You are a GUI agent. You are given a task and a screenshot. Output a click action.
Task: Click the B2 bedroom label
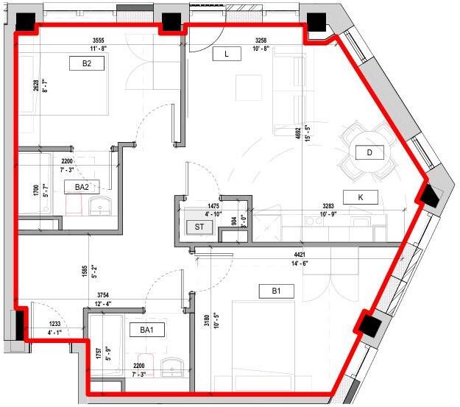[87, 63]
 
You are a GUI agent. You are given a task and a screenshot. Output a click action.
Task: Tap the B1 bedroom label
[276, 291]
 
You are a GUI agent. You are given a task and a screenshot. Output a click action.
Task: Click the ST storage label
[199, 227]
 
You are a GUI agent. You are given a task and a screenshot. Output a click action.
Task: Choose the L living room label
[227, 54]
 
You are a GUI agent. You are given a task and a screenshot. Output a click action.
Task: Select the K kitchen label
[361, 197]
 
